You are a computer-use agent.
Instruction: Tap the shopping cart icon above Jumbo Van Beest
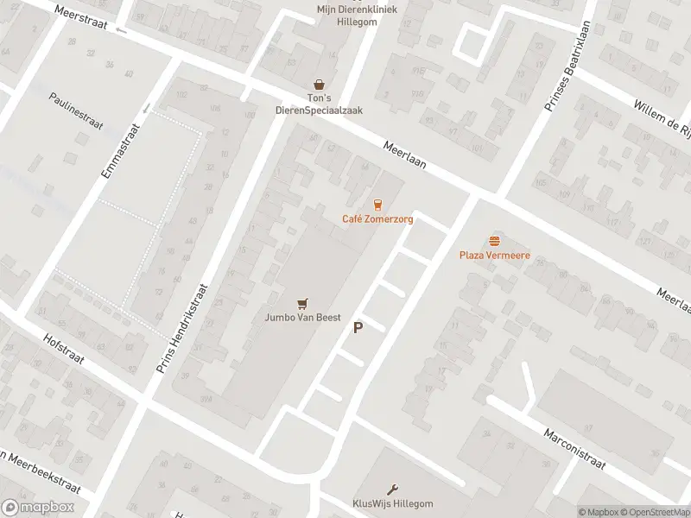tap(301, 303)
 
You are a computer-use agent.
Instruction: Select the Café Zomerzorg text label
tap(377, 219)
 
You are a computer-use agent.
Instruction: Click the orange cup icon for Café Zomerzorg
tap(377, 205)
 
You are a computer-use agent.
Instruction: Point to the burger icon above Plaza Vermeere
tap(494, 241)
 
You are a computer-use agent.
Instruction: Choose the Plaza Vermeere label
tap(494, 256)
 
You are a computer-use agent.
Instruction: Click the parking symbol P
tap(358, 328)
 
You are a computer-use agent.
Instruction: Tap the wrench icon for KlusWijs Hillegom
tap(392, 489)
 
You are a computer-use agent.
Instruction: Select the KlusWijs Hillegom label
tap(392, 503)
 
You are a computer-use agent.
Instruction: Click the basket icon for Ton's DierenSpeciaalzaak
tap(320, 84)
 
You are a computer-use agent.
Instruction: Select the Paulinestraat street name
tap(76, 111)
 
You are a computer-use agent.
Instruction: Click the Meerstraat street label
tap(79, 18)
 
